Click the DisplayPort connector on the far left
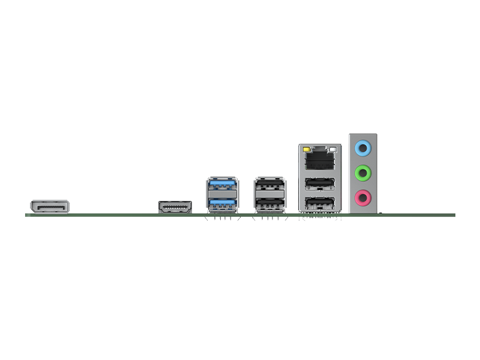click(x=49, y=208)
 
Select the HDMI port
click(x=175, y=207)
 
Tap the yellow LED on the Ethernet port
click(x=307, y=148)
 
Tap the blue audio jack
click(x=362, y=147)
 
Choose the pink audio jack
click(x=362, y=196)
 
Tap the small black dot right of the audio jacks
click(x=380, y=212)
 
